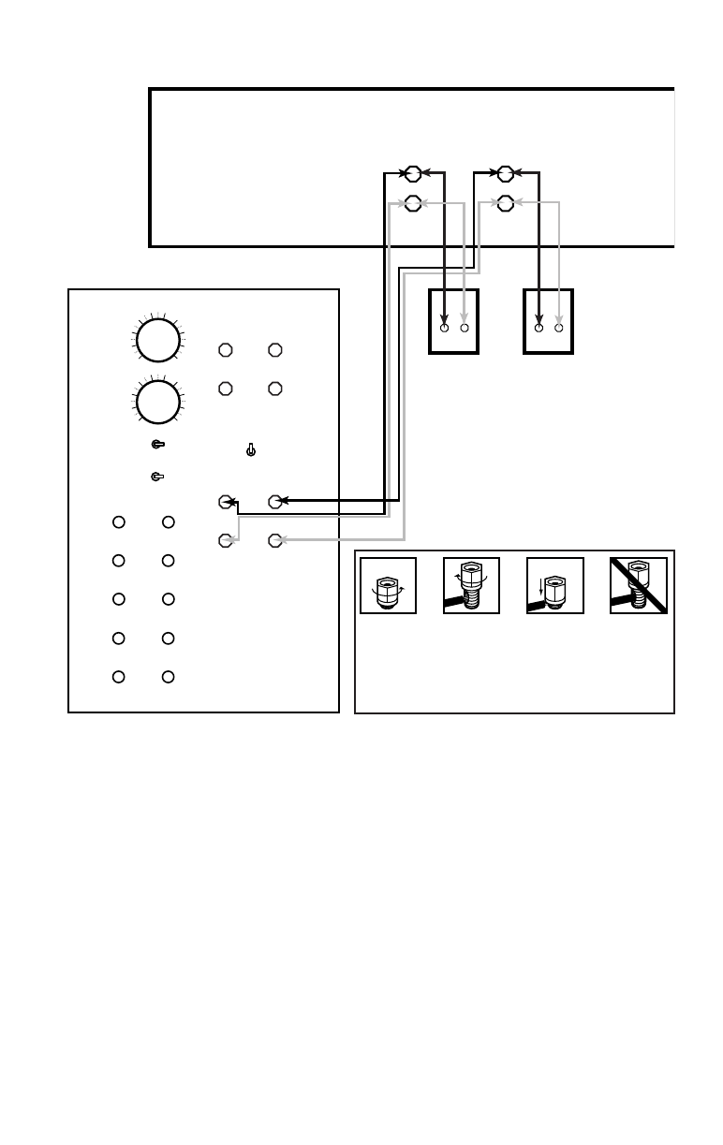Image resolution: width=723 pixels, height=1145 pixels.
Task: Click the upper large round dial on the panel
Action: coord(158,341)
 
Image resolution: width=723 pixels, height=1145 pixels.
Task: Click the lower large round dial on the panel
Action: coord(158,401)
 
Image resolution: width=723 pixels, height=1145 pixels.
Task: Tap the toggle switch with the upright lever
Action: coord(250,450)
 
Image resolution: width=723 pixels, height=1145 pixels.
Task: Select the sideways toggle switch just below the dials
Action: coord(158,445)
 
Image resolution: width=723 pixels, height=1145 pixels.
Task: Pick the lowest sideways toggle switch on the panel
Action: coord(157,477)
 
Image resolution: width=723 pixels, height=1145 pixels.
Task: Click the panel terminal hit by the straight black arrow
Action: coord(275,502)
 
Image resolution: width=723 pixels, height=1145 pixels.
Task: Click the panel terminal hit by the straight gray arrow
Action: coord(275,540)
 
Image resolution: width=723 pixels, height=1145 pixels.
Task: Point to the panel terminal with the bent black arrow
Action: coord(225,502)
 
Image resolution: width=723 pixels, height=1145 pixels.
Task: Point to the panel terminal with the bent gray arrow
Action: coord(225,540)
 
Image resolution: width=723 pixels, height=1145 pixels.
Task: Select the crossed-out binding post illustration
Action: coord(639,586)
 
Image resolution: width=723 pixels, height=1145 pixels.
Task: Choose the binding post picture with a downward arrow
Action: coord(555,586)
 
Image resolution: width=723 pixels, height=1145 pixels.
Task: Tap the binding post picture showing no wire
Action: coord(389,586)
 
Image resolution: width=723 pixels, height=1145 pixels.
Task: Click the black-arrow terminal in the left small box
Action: coord(445,329)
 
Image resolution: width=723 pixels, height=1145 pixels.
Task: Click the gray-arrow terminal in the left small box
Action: coord(465,329)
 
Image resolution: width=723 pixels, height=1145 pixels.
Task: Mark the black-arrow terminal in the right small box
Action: coord(539,329)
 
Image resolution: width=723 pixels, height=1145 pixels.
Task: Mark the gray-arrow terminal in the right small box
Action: coord(559,329)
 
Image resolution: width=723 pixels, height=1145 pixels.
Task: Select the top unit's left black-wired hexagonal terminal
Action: coord(412,173)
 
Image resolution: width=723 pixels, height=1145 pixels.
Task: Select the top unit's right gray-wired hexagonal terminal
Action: coord(506,202)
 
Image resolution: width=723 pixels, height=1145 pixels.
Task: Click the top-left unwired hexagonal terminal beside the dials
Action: coord(225,350)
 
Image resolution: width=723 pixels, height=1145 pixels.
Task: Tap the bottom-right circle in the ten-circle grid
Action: coord(168,677)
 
